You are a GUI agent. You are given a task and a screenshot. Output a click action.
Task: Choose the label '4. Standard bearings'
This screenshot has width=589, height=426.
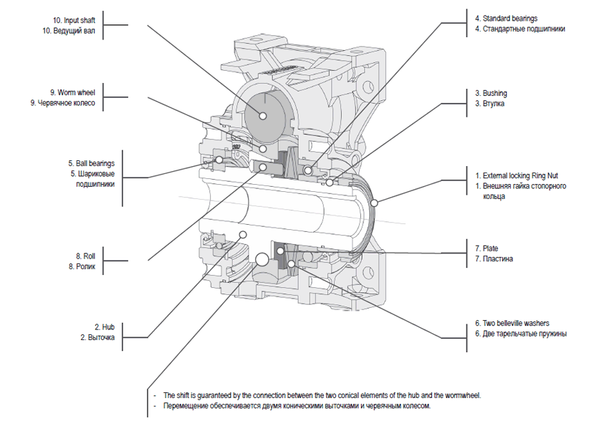pyautogui.click(x=515, y=18)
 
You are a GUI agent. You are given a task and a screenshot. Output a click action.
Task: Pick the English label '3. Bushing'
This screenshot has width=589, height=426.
pyautogui.click(x=490, y=93)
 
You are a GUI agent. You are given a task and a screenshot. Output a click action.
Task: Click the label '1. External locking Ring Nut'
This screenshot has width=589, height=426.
pyautogui.click(x=521, y=175)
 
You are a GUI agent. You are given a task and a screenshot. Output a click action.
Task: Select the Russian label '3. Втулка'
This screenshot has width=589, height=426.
pyautogui.click(x=489, y=104)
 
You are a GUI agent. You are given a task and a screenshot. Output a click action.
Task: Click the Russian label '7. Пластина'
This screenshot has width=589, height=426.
pyautogui.click(x=494, y=259)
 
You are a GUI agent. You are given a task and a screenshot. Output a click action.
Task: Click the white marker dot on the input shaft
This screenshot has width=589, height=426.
pyautogui.click(x=263, y=115)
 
